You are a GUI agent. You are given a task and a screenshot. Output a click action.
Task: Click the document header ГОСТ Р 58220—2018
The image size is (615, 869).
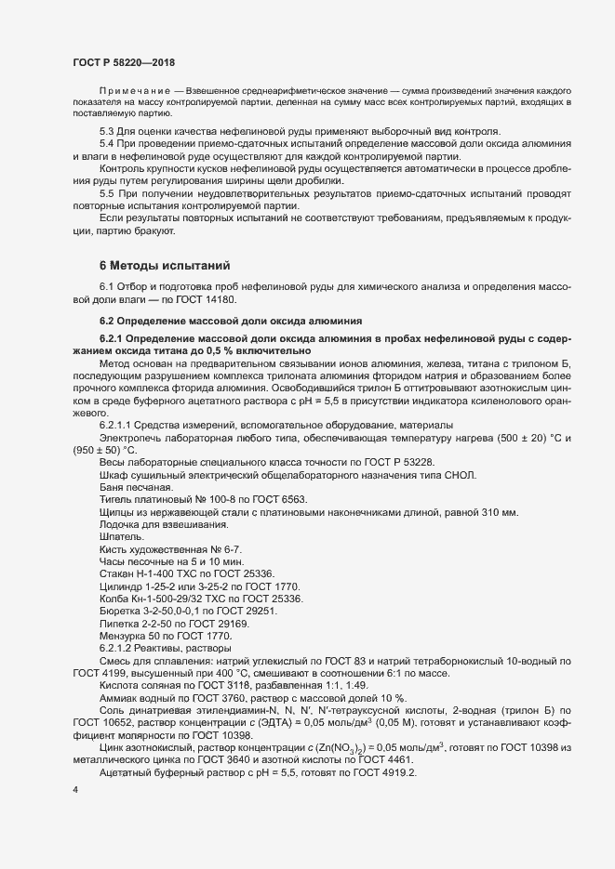pos(123,61)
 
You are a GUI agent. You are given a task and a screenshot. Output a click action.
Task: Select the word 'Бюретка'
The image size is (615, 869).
pos(121,611)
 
